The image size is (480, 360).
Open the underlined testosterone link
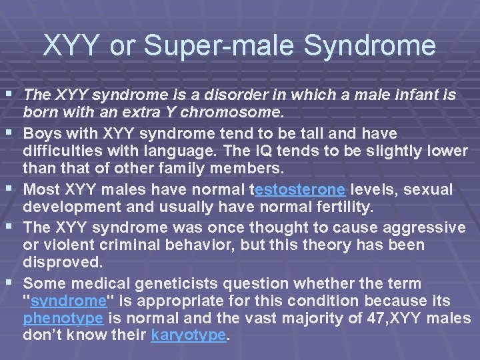(300, 189)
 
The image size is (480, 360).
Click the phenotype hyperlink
(63, 317)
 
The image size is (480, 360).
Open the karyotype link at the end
(189, 336)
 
